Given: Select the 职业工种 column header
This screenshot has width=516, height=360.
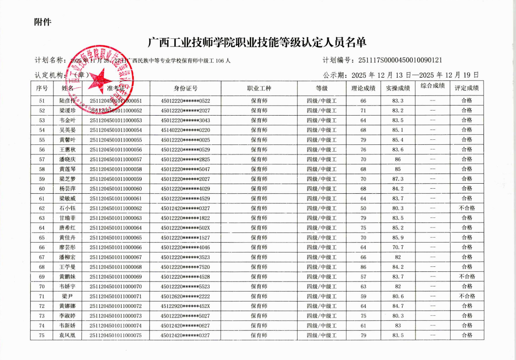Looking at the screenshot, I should pos(259,88).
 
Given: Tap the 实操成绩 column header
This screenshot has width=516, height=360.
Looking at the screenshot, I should pos(398,88).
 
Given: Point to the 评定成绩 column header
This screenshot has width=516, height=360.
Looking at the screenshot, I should pos(467,88).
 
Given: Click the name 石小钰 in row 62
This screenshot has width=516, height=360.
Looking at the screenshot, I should pos(67,208).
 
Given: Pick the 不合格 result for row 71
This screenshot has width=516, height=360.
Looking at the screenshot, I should pos(467,296).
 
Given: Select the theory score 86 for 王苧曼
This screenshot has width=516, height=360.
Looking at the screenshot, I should pos(363,267).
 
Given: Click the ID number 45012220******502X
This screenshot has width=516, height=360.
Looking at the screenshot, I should pos(186,228).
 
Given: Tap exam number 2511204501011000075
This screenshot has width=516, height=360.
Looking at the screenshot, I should pos(116,335).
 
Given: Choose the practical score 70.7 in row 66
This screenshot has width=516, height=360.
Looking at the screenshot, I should pos(398,248).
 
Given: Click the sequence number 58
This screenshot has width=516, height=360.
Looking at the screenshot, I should pos(42,169).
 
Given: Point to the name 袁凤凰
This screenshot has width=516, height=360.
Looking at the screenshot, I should pos(67,335).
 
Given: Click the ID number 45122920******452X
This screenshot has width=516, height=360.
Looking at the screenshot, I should pos(186,306).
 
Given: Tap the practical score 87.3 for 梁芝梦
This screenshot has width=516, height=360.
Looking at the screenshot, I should pos(398,179).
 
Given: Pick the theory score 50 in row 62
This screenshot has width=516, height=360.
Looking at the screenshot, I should pos(363,208).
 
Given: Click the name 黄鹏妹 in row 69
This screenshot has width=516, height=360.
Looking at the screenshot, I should pos(67,277).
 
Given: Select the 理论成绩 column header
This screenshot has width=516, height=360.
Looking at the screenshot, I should pos(363,88).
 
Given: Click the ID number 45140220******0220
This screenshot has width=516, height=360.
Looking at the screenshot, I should pos(186,130).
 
